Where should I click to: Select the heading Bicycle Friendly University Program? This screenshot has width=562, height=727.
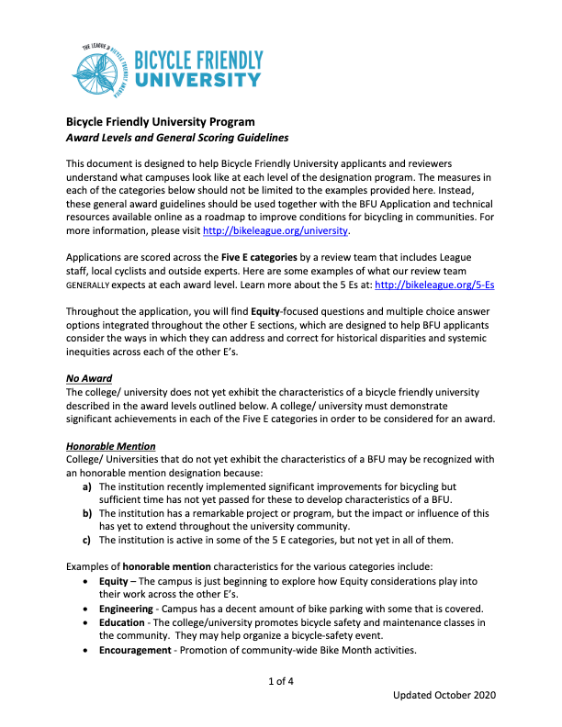point(161,122)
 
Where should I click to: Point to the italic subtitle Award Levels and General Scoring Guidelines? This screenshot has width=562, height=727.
point(177,138)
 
